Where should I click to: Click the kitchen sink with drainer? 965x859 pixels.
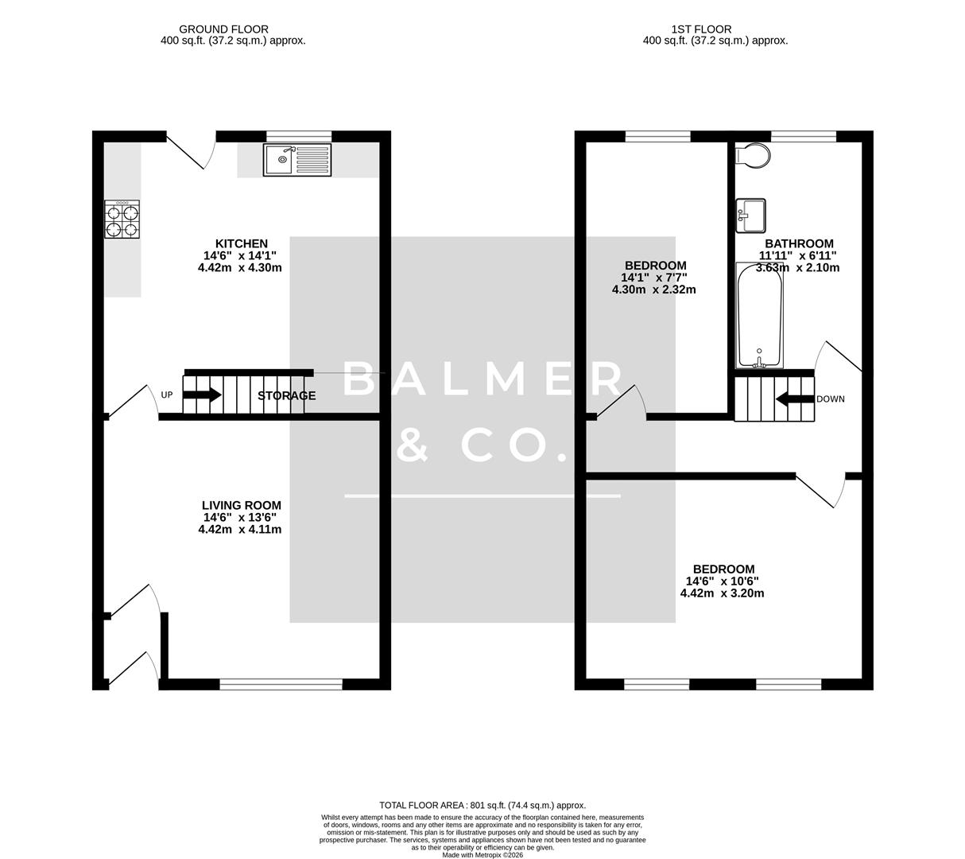297,160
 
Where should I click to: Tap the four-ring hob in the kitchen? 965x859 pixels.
122,220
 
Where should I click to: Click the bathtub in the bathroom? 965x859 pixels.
759,315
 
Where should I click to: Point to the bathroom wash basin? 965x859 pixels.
750,216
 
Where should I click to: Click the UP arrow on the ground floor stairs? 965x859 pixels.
203,395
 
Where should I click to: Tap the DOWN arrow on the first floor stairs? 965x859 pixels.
794,398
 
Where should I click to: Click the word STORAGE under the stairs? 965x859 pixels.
286,395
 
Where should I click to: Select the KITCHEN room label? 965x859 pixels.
241,243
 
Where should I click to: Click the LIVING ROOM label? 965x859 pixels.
241,505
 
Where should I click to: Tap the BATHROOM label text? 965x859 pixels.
799,243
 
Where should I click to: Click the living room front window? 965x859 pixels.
281,683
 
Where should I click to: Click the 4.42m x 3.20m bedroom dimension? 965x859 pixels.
722,593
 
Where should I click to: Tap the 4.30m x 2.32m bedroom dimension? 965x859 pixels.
653,290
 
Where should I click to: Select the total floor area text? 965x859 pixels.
482,805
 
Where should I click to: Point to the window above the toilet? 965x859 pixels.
803,136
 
